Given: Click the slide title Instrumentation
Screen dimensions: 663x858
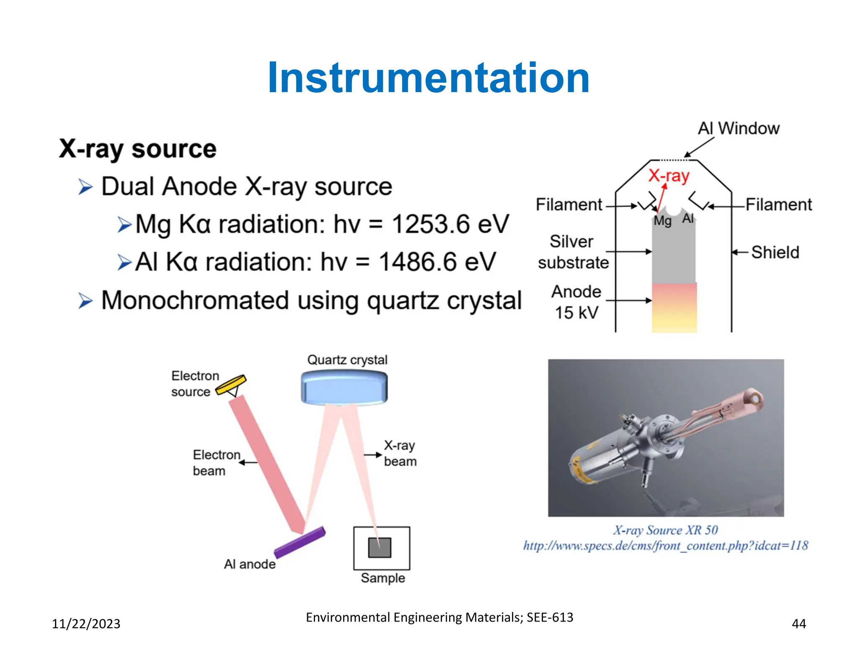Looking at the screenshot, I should click(429, 78).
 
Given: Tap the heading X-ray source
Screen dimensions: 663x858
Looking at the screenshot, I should click(137, 149).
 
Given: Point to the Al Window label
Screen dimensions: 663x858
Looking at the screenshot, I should click(738, 128).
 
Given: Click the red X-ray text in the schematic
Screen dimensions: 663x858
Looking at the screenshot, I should click(669, 176).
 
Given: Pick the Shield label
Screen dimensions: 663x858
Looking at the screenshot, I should click(775, 252).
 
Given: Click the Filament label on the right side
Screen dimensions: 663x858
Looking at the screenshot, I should click(778, 205).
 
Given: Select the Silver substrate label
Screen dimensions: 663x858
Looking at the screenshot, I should click(573, 252).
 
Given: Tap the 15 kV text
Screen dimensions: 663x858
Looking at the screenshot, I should click(576, 313).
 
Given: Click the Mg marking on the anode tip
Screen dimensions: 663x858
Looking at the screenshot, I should click(662, 220).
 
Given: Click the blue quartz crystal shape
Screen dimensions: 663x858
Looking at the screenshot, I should click(344, 388).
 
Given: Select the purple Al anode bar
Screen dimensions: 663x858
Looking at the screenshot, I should click(300, 542).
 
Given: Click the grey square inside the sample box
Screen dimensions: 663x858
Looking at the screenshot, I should click(380, 547).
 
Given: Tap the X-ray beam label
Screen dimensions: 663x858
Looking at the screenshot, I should click(400, 453).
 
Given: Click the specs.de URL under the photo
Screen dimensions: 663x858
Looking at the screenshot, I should click(665, 546).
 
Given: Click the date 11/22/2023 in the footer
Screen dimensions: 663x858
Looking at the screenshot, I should click(86, 624).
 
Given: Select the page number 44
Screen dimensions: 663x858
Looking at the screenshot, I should click(799, 624).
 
